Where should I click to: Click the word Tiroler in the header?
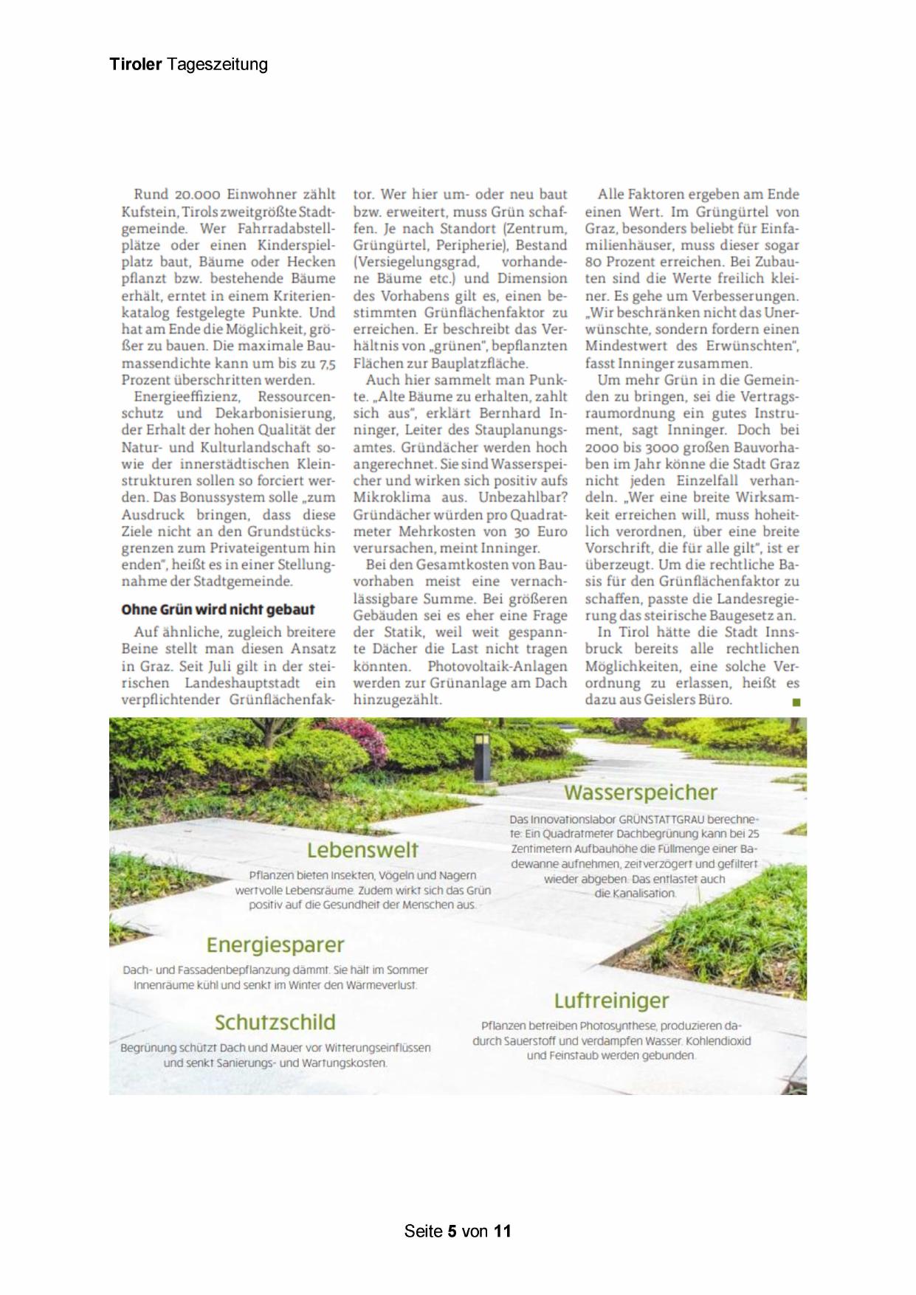click(x=135, y=64)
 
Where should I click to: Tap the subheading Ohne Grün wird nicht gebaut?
click(x=218, y=609)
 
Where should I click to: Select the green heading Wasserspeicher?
click(x=640, y=792)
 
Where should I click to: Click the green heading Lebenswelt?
click(x=362, y=850)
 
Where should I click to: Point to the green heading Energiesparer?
click(x=275, y=945)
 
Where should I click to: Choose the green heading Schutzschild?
click(x=275, y=1022)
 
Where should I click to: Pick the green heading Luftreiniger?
click(x=611, y=1001)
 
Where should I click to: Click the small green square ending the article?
click(x=796, y=702)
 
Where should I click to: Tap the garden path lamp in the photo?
click(x=483, y=758)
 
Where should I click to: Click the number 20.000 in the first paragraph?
click(x=198, y=195)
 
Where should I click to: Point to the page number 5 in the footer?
click(x=452, y=1231)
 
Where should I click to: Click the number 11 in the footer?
click(x=503, y=1231)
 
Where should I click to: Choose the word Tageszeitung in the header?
click(x=217, y=64)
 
